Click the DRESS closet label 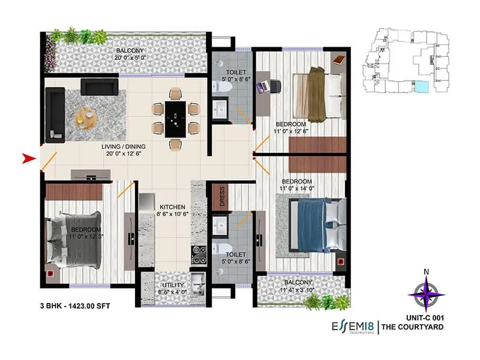pos(221,199)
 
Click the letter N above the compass pos(426,272)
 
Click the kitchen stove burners pos(199,255)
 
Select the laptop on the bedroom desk pos(263,87)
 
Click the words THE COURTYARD pos(413,327)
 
